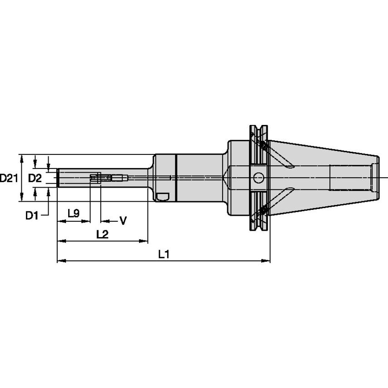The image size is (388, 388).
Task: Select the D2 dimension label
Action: [35, 178]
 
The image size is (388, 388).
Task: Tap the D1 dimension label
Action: [31, 215]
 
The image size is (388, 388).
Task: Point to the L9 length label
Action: [73, 213]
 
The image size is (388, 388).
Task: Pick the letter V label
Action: [123, 221]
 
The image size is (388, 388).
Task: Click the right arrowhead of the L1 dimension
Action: [267, 261]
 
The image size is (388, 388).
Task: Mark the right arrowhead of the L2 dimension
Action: [145, 240]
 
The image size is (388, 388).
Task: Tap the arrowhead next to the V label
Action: [104, 221]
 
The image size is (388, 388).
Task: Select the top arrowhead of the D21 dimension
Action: [21, 157]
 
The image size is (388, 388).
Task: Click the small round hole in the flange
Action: [259, 177]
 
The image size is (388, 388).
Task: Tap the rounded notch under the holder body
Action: [162, 197]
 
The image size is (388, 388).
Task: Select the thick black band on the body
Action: [174, 178]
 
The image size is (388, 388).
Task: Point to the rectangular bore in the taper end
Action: [350, 178]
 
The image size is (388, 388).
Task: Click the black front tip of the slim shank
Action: [58, 178]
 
